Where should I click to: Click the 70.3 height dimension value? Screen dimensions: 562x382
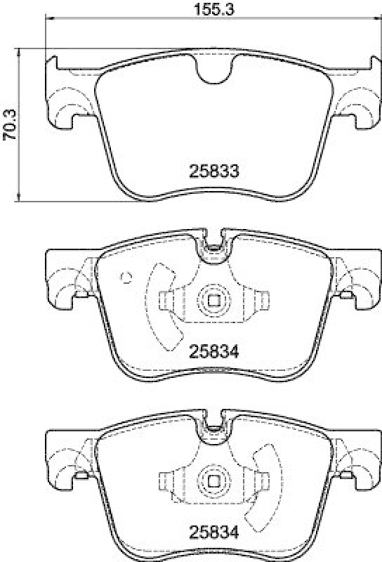[10, 126]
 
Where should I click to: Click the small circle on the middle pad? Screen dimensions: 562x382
[126, 276]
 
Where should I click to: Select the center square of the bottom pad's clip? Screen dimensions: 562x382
[213, 483]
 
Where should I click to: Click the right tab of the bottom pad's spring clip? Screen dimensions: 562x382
[263, 481]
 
